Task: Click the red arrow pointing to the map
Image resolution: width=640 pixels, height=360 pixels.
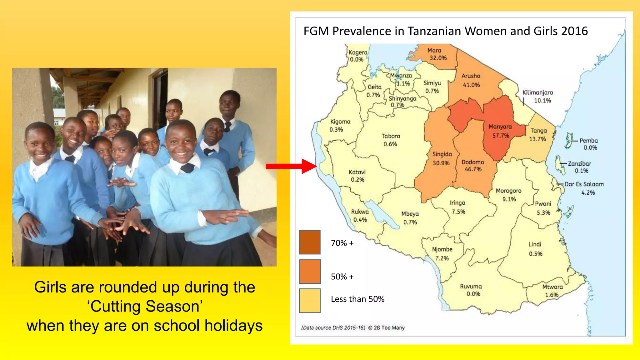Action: click(x=291, y=166)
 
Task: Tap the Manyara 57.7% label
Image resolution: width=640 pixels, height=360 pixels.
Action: click(x=500, y=131)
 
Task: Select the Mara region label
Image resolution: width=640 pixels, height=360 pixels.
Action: click(x=434, y=50)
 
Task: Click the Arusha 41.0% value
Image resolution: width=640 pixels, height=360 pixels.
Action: click(x=471, y=85)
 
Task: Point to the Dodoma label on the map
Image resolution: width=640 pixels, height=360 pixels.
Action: click(x=472, y=162)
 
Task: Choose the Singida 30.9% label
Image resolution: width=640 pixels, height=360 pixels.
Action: click(x=442, y=158)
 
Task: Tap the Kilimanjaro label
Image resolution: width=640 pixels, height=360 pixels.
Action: click(x=538, y=92)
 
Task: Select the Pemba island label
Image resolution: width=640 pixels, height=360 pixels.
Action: click(x=588, y=141)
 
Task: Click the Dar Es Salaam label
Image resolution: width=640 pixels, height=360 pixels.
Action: click(x=584, y=184)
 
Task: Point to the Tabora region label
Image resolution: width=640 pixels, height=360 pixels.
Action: click(x=391, y=136)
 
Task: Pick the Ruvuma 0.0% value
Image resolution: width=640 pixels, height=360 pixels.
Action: click(x=473, y=294)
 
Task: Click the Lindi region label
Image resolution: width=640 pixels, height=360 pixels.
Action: click(x=535, y=244)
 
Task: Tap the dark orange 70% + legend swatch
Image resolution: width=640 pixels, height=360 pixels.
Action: click(x=310, y=242)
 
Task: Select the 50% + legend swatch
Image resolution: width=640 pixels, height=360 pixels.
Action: click(x=310, y=271)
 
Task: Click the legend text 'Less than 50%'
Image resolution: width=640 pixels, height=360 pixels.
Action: click(x=357, y=299)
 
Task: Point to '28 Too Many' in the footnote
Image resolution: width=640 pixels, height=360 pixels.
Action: click(x=389, y=327)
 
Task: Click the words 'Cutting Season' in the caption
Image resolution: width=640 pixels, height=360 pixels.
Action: click(x=145, y=306)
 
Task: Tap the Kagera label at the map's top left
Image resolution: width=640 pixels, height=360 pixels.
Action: click(x=358, y=52)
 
